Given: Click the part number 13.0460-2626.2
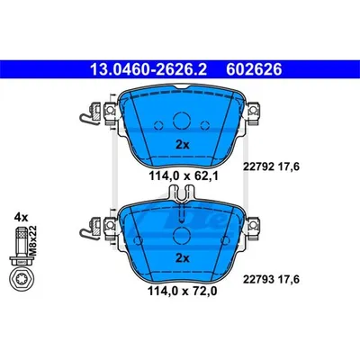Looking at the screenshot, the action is click(x=148, y=69).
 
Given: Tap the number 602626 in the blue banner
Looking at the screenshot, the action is click(x=254, y=69).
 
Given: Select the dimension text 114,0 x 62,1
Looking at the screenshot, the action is click(x=184, y=175).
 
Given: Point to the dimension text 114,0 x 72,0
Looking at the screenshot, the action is click(x=182, y=291).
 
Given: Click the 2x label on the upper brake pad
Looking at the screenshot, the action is click(x=183, y=145).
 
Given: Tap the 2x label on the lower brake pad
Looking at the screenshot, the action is click(x=183, y=257).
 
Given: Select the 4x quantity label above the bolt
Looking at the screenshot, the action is click(x=21, y=217).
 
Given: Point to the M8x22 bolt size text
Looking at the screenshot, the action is click(x=32, y=240).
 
